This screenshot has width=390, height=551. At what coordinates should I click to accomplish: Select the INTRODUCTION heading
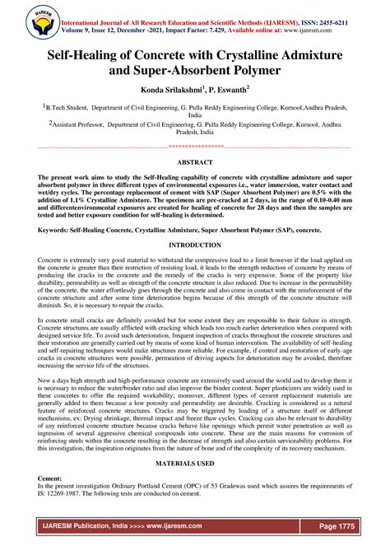coord(195,245)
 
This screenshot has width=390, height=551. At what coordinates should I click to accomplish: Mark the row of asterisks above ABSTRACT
coord(195,147)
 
